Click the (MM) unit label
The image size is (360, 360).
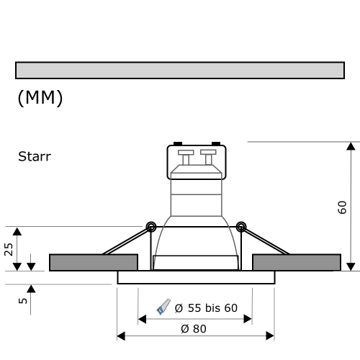click(x=40, y=99)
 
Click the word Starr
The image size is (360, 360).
click(x=35, y=156)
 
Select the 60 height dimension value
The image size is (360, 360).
click(x=343, y=208)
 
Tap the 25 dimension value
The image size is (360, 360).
click(x=9, y=249)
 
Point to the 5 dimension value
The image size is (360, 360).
click(x=23, y=300)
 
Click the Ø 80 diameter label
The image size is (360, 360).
click(x=194, y=328)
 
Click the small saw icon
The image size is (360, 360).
click(x=163, y=307)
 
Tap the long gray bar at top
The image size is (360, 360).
click(x=179, y=70)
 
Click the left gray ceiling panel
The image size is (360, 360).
click(x=93, y=262)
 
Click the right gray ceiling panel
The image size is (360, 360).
click(x=296, y=262)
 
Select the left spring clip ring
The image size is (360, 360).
click(x=151, y=227)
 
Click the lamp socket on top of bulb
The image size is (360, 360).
click(x=197, y=162)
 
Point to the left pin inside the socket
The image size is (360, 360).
click(x=185, y=156)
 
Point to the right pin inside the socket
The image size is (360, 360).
click(x=208, y=156)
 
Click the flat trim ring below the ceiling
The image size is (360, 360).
click(x=196, y=277)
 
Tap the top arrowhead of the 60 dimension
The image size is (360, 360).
click(x=351, y=147)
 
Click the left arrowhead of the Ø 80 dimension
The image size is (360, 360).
click(x=121, y=336)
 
